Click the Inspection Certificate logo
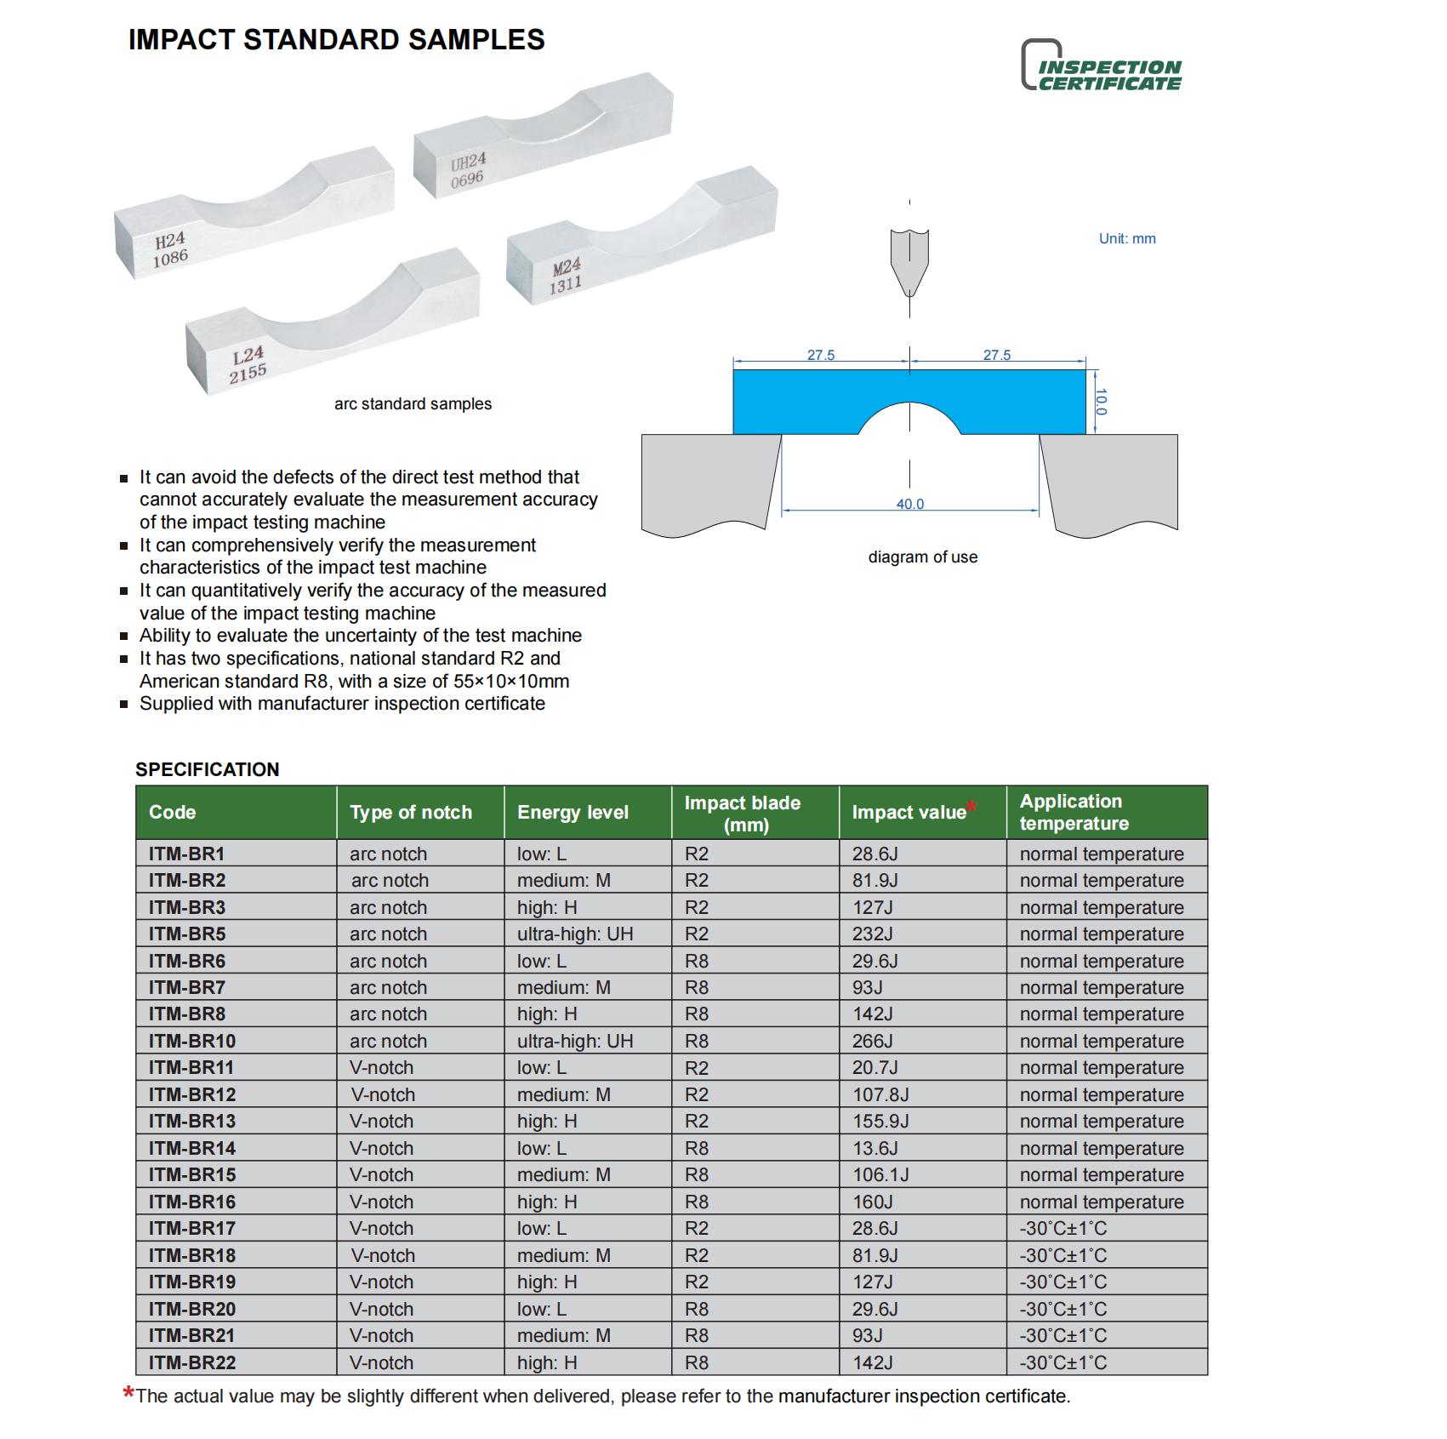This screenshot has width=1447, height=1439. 1101,66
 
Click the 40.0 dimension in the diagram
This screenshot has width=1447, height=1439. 909,504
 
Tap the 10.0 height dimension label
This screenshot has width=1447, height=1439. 1101,402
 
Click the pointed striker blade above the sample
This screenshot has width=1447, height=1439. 909,260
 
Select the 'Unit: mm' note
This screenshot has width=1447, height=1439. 1126,239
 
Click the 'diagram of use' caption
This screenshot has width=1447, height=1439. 922,557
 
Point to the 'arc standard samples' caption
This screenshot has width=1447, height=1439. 413,404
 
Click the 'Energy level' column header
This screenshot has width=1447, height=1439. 573,813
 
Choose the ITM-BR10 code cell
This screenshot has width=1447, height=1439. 192,1041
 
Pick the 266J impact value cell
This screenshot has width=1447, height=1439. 873,1041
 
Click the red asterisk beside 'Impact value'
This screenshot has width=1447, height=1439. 971,807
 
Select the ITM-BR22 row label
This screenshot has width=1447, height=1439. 192,1362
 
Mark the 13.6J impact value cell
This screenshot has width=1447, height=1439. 875,1148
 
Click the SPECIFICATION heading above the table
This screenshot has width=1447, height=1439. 207,769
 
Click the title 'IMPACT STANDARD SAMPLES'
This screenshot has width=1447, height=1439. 336,40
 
